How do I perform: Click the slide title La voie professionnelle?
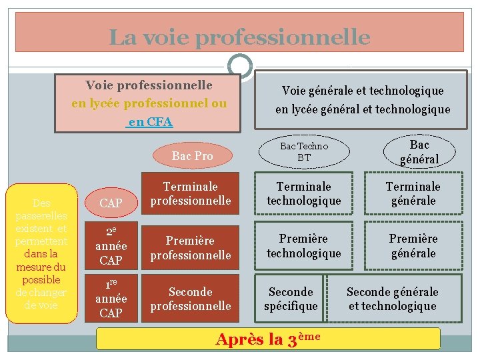[x=239, y=37]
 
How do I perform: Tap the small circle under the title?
[x=239, y=66]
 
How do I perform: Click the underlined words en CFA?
[x=150, y=122]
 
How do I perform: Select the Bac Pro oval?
[x=192, y=156]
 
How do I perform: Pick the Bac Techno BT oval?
[x=304, y=151]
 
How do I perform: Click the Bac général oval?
[x=419, y=152]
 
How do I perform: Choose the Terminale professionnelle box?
[x=191, y=193]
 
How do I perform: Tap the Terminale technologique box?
[x=304, y=193]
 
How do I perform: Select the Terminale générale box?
[x=413, y=193]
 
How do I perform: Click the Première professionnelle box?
[x=191, y=247]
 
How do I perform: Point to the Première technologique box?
[x=304, y=245]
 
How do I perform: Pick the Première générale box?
[x=413, y=245]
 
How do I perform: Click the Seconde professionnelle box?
[x=191, y=299]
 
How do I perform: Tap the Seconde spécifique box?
[x=291, y=299]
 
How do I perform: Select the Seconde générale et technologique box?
[x=392, y=299]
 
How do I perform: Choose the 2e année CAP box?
[x=111, y=246]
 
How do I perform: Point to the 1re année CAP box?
[x=111, y=298]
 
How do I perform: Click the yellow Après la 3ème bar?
[x=268, y=339]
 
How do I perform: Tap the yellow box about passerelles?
[x=41, y=254]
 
